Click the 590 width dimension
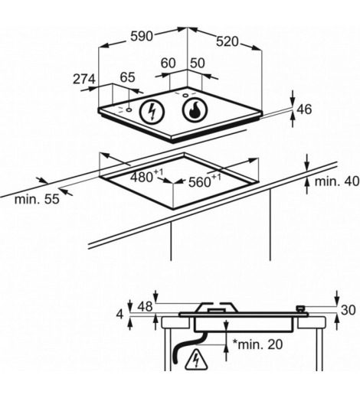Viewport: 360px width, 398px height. click(142, 36)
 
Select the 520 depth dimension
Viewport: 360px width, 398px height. click(227, 41)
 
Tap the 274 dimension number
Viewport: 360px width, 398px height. click(84, 79)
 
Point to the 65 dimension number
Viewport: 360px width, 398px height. click(128, 77)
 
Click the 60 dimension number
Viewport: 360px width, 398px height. click(169, 63)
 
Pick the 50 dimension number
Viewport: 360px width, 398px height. click(198, 63)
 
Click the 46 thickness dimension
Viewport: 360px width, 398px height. click(304, 109)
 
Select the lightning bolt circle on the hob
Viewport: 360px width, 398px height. click(152, 112)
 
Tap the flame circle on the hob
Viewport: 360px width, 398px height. click(195, 109)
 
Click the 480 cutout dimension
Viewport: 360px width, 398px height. click(146, 176)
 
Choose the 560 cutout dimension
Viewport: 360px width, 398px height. click(205, 181)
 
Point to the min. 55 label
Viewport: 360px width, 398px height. click(37, 199)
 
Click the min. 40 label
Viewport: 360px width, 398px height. click(337, 181)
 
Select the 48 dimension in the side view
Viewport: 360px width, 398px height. click(145, 306)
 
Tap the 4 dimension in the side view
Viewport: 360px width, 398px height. click(119, 315)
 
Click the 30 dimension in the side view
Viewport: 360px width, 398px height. click(349, 310)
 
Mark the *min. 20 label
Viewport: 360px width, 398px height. click(257, 344)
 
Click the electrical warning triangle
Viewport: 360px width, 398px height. click(196, 360)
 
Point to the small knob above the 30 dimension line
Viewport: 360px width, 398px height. click(300, 309)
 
